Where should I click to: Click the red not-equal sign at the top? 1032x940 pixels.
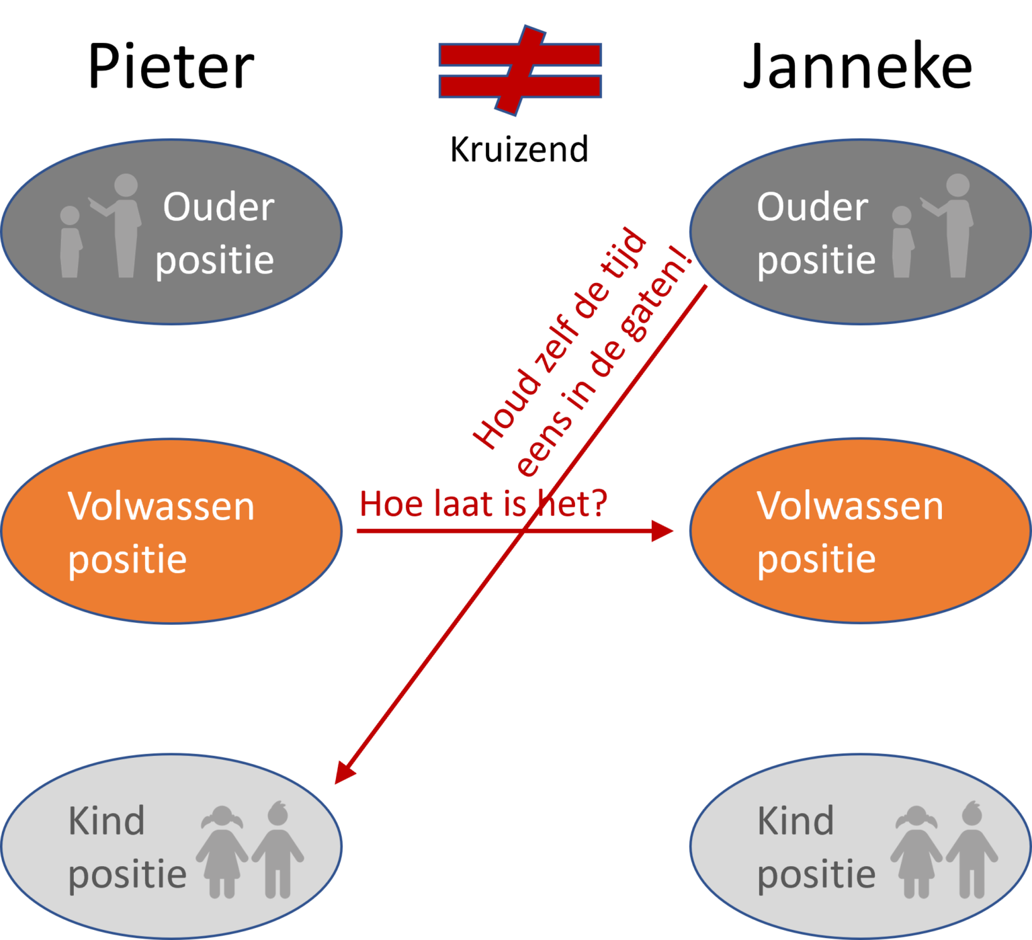point(520,70)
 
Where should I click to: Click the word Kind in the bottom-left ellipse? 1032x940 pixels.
point(106,821)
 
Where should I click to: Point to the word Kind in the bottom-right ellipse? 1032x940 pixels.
point(795,821)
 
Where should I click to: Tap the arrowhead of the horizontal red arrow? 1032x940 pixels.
point(664,531)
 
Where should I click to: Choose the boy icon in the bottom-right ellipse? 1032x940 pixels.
point(972,850)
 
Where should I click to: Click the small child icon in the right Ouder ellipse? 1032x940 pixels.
point(902,242)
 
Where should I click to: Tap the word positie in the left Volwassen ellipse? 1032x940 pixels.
point(127,560)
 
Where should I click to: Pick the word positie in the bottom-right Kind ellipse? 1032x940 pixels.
point(816,875)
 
